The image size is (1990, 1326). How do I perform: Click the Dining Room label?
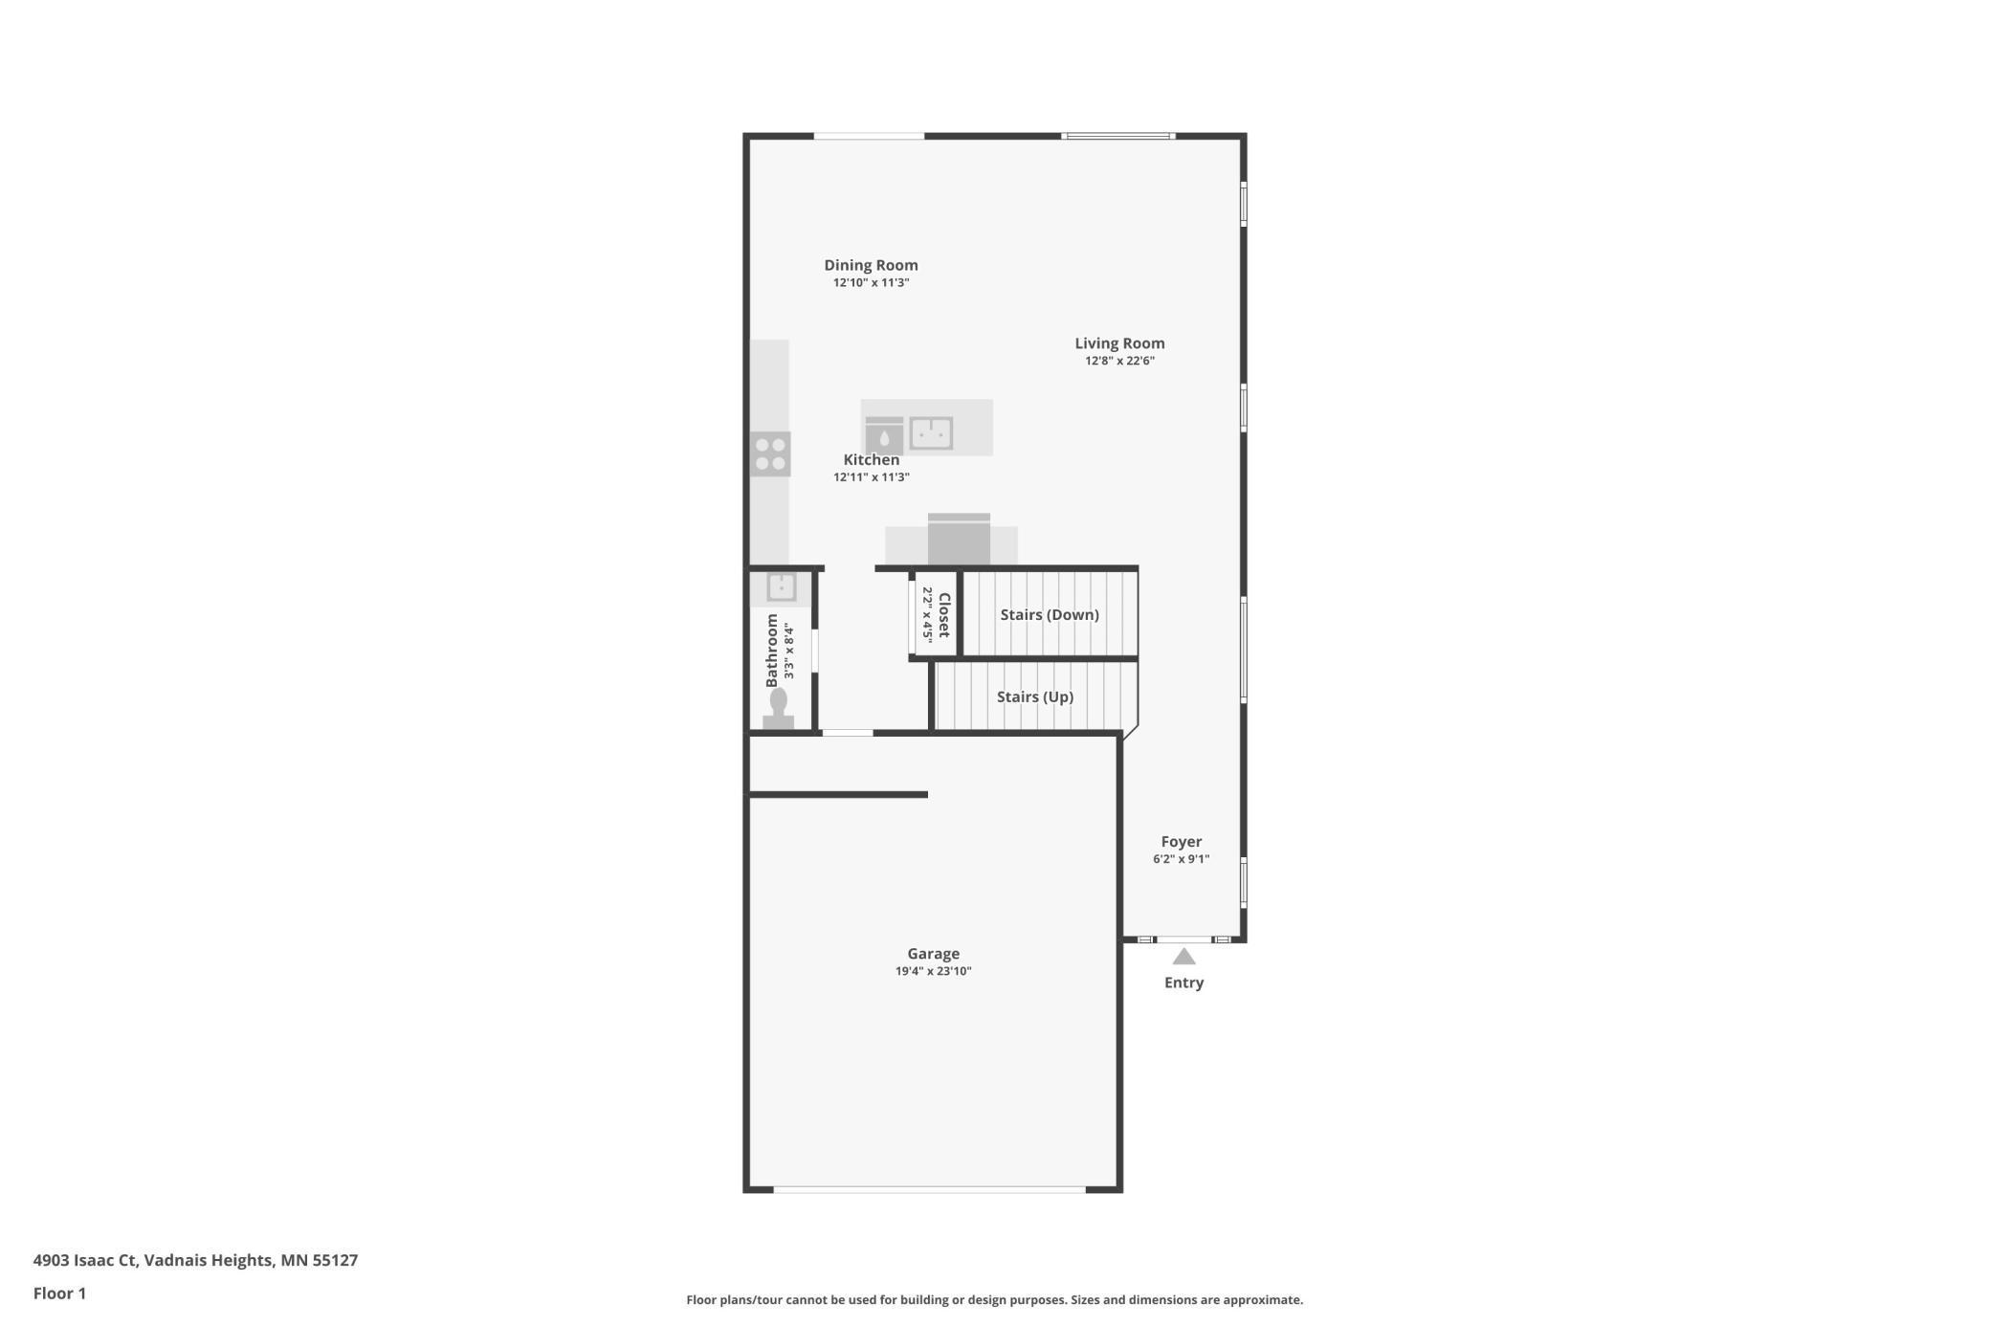tap(871, 265)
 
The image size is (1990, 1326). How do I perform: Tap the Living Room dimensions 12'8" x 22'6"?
tap(1119, 361)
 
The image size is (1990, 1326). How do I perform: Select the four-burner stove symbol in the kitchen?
tap(770, 454)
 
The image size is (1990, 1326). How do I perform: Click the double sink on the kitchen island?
tap(931, 433)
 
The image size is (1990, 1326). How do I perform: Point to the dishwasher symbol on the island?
tap(884, 436)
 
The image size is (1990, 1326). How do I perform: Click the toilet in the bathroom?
tap(778, 709)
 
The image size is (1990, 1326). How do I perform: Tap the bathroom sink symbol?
tap(781, 586)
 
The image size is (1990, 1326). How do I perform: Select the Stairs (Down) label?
tap(1050, 614)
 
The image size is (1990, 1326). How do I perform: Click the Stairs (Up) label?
tap(1035, 696)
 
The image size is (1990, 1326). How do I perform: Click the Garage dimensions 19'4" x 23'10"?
tap(933, 971)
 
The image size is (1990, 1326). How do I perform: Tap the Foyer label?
tap(1182, 842)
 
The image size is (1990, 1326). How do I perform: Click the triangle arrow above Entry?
tap(1184, 957)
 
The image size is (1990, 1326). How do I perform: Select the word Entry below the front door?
tap(1183, 983)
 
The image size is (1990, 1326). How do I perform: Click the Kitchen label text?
tap(871, 459)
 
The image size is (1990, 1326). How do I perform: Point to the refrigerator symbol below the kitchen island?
tap(959, 541)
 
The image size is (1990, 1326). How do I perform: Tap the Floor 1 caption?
tap(59, 1293)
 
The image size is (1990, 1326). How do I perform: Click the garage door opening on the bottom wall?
tap(929, 1189)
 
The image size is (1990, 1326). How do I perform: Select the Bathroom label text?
tap(772, 651)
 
